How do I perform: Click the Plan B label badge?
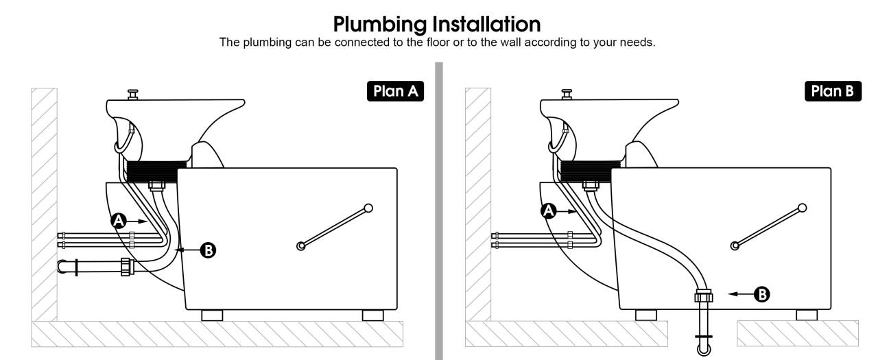(832, 91)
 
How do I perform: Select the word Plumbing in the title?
(379, 25)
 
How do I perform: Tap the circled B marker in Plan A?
(207, 250)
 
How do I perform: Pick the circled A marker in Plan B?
(548, 211)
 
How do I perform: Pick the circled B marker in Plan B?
(761, 294)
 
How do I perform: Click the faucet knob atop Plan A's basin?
(132, 91)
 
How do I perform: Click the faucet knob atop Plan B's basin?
(567, 91)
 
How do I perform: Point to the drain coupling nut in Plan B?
(704, 296)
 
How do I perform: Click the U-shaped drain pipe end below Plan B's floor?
(704, 348)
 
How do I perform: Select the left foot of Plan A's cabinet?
(212, 315)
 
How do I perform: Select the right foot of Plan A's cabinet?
(372, 315)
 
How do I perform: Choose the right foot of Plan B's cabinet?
(807, 315)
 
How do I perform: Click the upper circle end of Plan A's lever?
(368, 208)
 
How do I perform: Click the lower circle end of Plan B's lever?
(735, 244)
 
